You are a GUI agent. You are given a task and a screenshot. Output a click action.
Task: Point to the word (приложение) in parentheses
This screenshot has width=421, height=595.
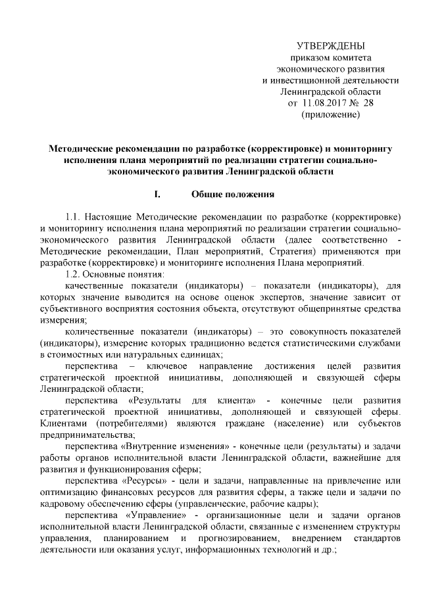330,115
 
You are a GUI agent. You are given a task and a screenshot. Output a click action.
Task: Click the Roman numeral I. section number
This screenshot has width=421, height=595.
157,195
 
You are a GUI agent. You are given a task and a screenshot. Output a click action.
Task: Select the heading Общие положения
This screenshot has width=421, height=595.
228,195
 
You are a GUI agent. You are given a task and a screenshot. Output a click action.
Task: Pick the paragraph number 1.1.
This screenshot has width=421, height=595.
75,216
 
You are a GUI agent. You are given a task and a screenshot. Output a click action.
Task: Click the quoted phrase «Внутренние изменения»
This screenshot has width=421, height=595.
170,446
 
